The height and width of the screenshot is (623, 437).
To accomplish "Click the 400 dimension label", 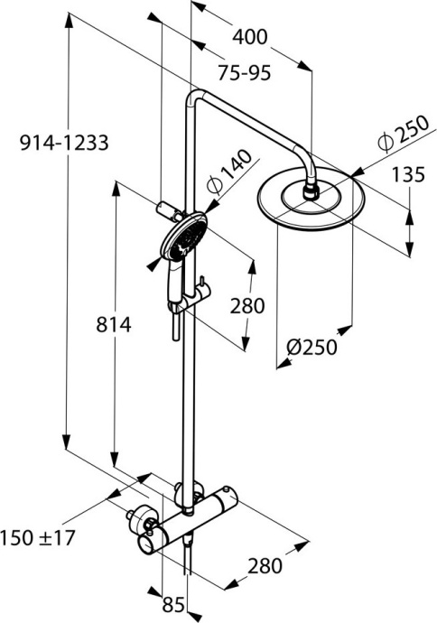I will pyautogui.click(x=250, y=37).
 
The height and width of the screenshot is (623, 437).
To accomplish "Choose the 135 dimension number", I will pyautogui.click(x=407, y=174).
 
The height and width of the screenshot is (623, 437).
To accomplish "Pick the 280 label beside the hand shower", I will pyautogui.click(x=246, y=306).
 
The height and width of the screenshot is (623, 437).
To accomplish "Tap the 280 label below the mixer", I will pyautogui.click(x=265, y=566).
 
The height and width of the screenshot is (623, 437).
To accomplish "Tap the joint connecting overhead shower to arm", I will pyautogui.click(x=312, y=190).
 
